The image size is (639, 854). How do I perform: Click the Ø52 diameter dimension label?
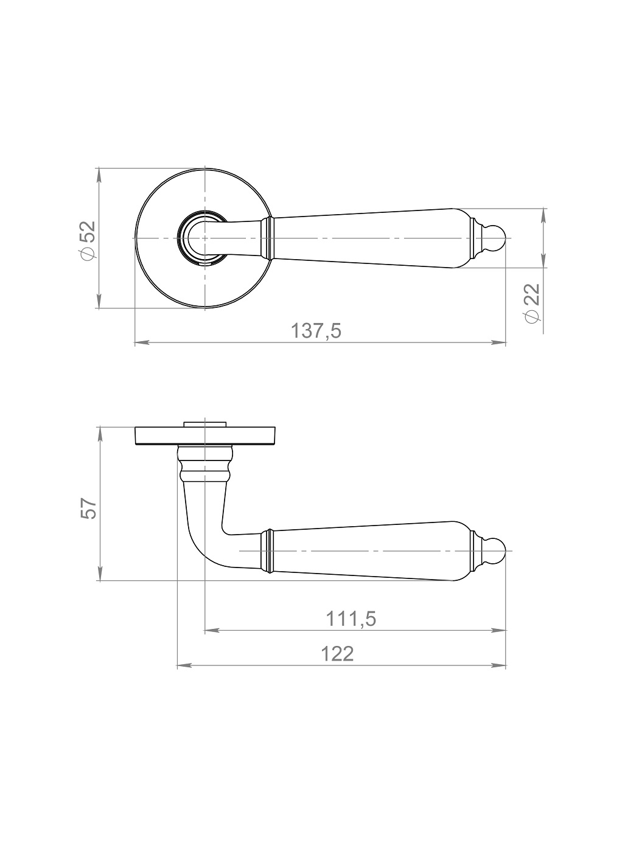(x=88, y=241)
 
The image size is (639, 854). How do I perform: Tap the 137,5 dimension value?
(x=316, y=331)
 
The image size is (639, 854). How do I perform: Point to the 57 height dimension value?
(x=88, y=508)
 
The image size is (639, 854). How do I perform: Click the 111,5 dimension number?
(x=351, y=619)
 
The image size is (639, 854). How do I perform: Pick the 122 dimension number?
(x=337, y=654)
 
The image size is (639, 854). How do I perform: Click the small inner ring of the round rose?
(x=179, y=238)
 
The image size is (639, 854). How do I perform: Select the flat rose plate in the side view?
(x=205, y=436)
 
